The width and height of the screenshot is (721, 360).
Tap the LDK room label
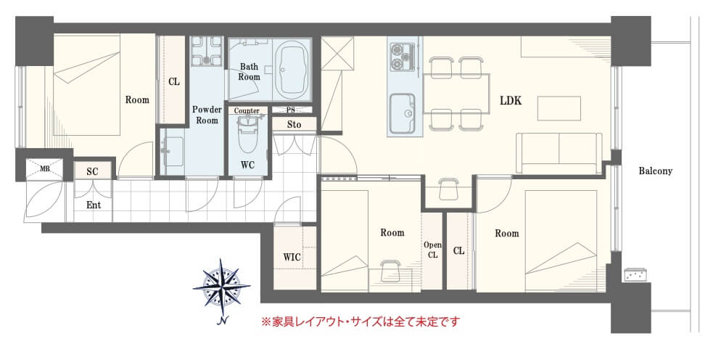(x=511, y=101)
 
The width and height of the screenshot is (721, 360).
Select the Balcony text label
(x=655, y=171)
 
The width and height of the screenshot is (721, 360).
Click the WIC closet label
(x=292, y=257)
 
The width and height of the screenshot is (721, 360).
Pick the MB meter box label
(x=44, y=169)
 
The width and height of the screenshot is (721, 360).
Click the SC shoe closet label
(x=92, y=172)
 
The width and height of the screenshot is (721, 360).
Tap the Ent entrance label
(x=94, y=205)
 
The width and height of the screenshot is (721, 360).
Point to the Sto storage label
(x=294, y=124)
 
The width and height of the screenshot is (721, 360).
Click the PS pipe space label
(x=291, y=110)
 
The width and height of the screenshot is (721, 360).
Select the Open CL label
(x=432, y=249)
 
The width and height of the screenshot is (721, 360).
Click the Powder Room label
(x=207, y=115)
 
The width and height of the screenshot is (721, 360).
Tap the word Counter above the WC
(x=247, y=111)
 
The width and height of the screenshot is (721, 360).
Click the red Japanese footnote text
(x=361, y=321)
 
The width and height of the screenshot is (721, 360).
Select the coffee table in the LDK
(x=559, y=108)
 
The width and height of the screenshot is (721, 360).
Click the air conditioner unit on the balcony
(x=635, y=275)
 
